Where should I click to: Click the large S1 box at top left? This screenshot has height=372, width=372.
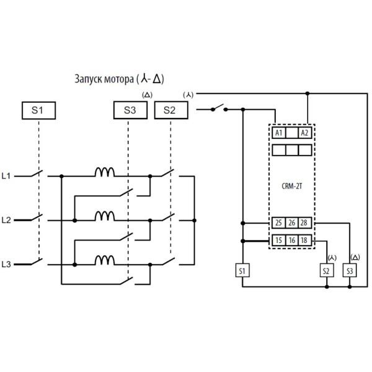pyautogui.click(x=38, y=111)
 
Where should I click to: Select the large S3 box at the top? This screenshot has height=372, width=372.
pyautogui.click(x=128, y=111)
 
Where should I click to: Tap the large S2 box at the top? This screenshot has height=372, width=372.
pyautogui.click(x=169, y=111)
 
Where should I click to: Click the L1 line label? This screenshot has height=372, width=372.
pyautogui.click(x=7, y=176)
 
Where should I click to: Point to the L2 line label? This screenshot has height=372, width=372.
pyautogui.click(x=7, y=219)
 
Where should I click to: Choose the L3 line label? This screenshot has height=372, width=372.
pyautogui.click(x=7, y=264)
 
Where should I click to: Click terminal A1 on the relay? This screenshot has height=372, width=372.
pyautogui.click(x=278, y=133)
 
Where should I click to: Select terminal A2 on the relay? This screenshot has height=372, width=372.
pyautogui.click(x=304, y=133)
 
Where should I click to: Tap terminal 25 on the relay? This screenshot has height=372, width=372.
pyautogui.click(x=278, y=223)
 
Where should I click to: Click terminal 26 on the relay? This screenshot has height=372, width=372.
pyautogui.click(x=291, y=223)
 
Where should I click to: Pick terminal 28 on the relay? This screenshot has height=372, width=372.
pyautogui.click(x=304, y=223)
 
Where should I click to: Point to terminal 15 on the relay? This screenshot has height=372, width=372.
pyautogui.click(x=278, y=240)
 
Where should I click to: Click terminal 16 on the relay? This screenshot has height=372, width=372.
pyautogui.click(x=291, y=240)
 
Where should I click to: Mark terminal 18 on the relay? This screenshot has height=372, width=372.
pyautogui.click(x=304, y=240)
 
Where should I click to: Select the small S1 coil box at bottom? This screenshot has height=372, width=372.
pyautogui.click(x=242, y=270)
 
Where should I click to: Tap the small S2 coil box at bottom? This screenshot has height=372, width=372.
pyautogui.click(x=327, y=270)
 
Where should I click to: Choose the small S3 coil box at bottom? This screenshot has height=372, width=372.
pyautogui.click(x=350, y=270)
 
